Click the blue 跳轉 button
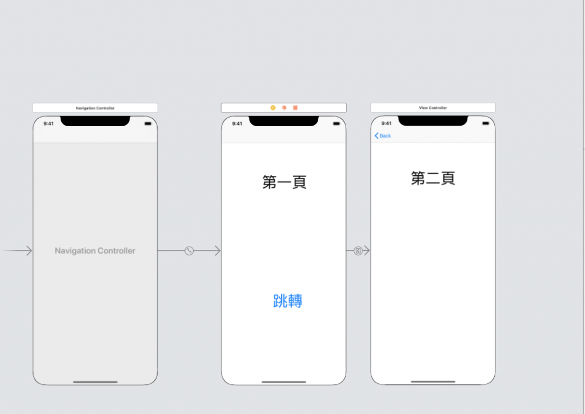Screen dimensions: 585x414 288,301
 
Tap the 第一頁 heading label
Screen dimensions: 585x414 285,182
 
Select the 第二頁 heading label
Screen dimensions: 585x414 433,179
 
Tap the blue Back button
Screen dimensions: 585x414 383,136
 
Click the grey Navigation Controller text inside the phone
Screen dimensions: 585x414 95,251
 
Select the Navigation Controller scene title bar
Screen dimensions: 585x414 95,107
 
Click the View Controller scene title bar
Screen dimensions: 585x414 432,107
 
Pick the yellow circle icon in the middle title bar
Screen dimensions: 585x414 273,107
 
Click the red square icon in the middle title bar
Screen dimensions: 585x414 295,107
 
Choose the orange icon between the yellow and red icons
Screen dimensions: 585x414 284,107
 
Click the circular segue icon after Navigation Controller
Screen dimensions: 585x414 189,251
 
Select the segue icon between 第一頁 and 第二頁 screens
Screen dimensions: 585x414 358,251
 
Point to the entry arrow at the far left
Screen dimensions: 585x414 17,251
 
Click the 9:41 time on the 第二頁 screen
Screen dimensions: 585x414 386,123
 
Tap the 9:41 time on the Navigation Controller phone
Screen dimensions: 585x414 49,124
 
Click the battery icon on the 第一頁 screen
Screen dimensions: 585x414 336,123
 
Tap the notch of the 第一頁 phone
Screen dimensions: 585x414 283,121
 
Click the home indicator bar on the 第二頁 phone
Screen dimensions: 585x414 433,381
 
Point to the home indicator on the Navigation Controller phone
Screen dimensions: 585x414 95,381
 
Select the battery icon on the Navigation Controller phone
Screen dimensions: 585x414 147,123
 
